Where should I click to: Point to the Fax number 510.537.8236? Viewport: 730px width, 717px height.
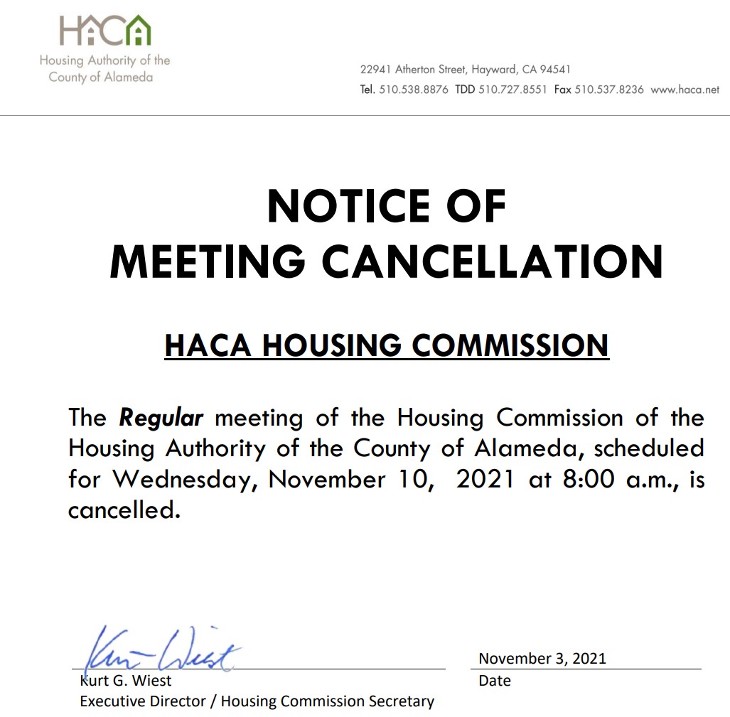pos(609,90)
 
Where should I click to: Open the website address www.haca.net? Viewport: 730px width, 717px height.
pos(685,90)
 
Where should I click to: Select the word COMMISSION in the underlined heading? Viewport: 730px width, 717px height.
pos(510,345)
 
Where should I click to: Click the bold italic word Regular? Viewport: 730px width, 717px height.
pos(161,417)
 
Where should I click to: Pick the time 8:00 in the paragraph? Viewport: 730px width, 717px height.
pos(588,479)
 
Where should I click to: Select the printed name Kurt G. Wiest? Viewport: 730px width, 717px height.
pos(126,681)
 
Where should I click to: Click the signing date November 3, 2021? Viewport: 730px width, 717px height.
pos(542,658)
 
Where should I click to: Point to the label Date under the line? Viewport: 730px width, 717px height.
pos(495,681)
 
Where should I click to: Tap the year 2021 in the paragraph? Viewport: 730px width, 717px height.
pos(485,479)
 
